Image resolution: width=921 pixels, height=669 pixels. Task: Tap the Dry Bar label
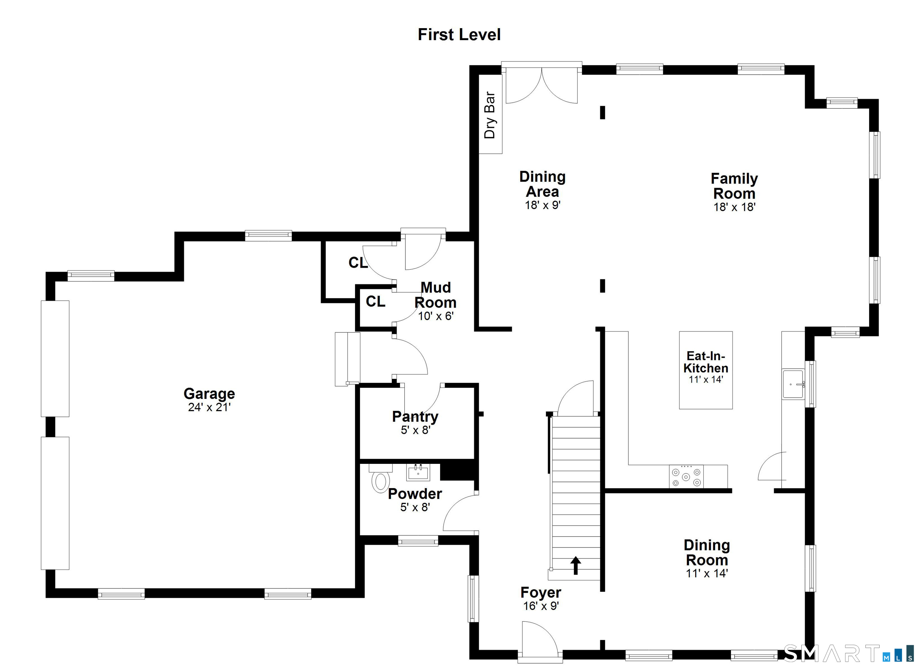point(490,115)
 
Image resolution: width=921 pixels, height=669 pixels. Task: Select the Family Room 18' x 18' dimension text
point(734,207)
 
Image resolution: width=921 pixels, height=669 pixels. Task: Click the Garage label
point(209,393)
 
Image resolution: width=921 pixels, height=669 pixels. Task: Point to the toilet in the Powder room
point(380,481)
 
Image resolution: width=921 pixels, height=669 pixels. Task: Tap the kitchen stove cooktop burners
point(686,477)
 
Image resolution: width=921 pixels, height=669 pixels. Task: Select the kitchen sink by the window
point(793,384)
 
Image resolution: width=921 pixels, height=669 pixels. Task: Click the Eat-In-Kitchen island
point(706,370)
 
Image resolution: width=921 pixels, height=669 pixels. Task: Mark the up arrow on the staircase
point(575,565)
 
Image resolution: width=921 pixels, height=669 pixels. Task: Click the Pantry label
point(415,416)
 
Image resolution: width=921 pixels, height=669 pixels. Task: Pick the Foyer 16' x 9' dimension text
point(541,606)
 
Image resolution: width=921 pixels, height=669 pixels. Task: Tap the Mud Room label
point(435,295)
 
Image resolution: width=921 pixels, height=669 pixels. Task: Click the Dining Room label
point(707,552)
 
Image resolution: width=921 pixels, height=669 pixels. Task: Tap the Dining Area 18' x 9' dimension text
point(543,205)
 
